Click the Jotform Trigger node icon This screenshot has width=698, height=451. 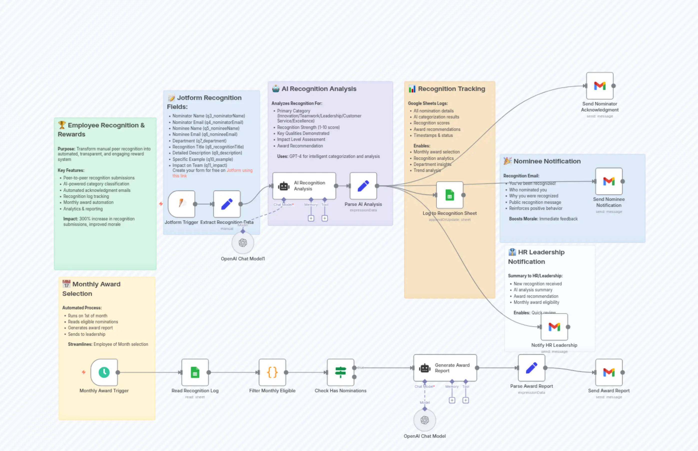click(x=182, y=204)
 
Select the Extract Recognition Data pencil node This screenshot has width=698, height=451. click(x=227, y=204)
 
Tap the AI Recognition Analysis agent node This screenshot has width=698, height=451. click(x=304, y=186)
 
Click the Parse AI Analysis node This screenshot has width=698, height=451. click(x=363, y=186)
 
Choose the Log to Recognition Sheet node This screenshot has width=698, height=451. click(x=449, y=195)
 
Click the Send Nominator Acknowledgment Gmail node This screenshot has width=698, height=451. click(x=600, y=86)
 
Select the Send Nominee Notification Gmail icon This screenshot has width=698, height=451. click(x=609, y=181)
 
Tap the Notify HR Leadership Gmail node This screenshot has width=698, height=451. click(x=554, y=327)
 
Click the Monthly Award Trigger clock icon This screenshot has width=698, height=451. click(x=104, y=372)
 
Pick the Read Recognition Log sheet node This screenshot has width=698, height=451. click(x=195, y=372)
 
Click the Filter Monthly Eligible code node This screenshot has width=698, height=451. click(x=272, y=372)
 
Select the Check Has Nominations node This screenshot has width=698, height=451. click(x=341, y=372)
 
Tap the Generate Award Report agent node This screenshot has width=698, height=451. click(x=445, y=368)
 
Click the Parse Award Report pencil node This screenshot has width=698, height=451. click(x=531, y=368)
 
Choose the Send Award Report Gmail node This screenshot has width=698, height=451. click(x=609, y=372)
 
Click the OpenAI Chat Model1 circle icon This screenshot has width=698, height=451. click(x=243, y=243)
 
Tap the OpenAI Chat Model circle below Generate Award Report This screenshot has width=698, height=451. click(x=424, y=420)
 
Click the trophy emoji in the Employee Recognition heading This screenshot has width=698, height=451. click(x=62, y=125)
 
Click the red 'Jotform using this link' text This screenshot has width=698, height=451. click(x=239, y=170)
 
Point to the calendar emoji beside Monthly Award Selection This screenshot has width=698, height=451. click(x=66, y=284)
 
